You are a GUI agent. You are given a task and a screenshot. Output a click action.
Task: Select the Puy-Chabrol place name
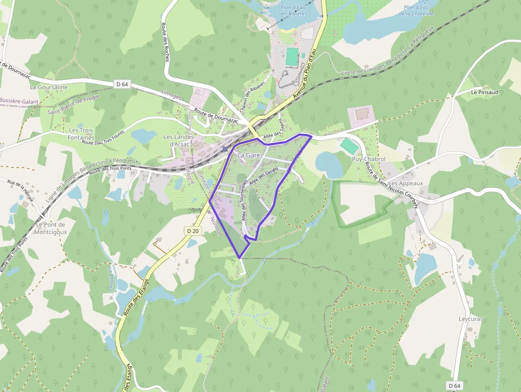tap(368, 159)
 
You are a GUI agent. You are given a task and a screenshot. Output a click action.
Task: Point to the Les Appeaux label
tap(406, 184)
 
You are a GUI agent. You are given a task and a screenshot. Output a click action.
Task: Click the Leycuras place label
tap(470, 319)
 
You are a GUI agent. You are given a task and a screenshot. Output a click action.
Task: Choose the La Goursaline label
tap(49, 87)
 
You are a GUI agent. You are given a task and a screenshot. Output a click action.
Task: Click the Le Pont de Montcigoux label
tap(52, 228)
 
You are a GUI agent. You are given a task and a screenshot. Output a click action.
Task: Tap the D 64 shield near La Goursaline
tap(122, 84)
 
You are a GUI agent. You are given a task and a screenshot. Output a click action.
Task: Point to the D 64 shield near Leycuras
tap(454, 385)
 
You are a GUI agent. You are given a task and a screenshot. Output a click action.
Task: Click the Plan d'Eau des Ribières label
tap(292, 11)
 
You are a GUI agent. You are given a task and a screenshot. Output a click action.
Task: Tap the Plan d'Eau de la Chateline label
tap(418, 11)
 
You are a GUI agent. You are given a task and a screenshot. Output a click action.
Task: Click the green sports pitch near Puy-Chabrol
tap(349, 146)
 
